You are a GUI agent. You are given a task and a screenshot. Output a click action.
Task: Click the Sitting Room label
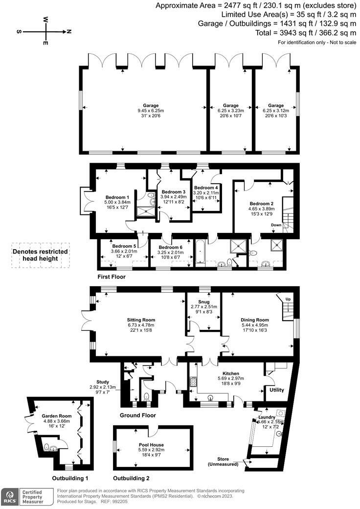click(x=141, y=320)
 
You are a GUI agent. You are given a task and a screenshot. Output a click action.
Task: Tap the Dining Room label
click(x=255, y=320)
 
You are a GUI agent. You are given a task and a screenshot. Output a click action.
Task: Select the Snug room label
click(x=203, y=302)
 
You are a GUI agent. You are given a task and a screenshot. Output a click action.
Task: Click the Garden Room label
click(x=56, y=416)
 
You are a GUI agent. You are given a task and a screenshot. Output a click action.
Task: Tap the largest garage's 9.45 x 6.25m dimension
click(x=151, y=111)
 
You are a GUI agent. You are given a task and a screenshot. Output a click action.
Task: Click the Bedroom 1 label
click(x=117, y=197)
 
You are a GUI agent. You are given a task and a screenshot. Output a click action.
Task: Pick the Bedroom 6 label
click(x=170, y=247)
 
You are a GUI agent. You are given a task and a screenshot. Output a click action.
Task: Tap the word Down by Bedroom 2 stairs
click(x=276, y=225)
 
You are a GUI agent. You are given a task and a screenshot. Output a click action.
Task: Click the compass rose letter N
click(x=69, y=31)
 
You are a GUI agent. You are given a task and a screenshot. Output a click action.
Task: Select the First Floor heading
click(x=111, y=277)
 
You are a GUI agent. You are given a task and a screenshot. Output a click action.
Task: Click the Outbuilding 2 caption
click(x=131, y=478)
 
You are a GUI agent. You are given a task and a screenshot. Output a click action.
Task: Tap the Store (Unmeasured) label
click(x=223, y=462)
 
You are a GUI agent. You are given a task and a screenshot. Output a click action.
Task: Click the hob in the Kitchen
click(x=193, y=381)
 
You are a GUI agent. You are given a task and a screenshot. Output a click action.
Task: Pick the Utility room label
click(x=277, y=390)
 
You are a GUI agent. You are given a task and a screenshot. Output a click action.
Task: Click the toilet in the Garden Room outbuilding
click(x=46, y=448)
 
